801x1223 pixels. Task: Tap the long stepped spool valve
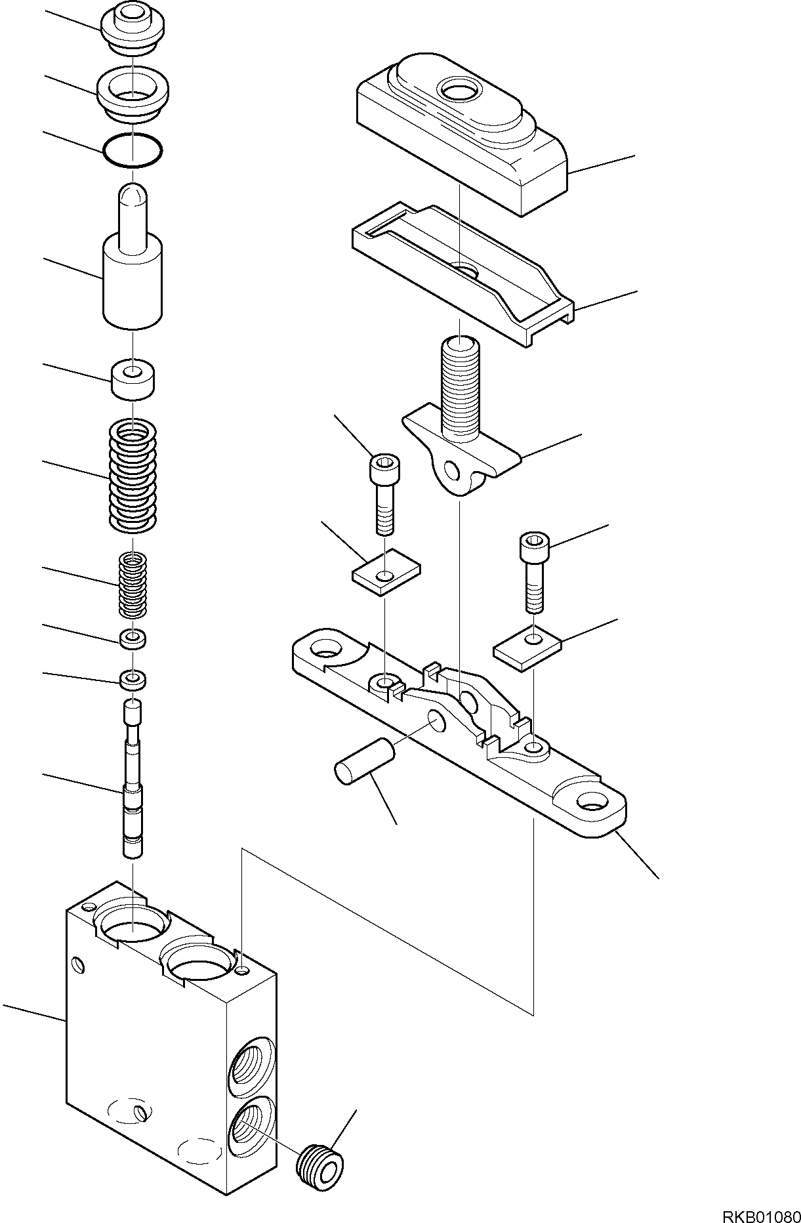point(133,777)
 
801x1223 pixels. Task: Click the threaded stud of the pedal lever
point(459,387)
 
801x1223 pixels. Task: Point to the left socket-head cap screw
point(384,493)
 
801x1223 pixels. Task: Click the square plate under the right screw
point(527,648)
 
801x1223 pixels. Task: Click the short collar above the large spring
point(133,379)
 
